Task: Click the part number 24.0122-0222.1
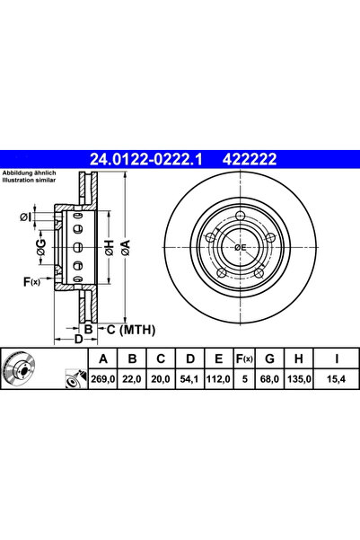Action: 146,159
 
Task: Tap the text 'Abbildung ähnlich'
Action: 30,173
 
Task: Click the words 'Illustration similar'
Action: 31,180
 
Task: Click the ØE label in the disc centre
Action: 241,246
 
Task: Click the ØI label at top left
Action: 25,217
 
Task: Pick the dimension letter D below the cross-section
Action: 78,339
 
